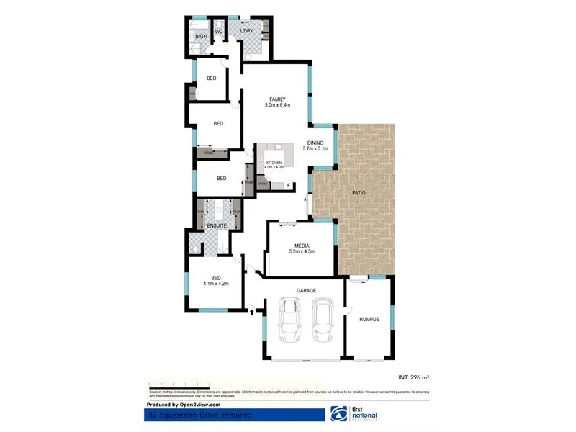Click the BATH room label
click(201, 36)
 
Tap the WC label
click(218, 31)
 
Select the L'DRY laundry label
click(246, 31)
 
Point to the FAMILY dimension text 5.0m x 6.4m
click(277, 105)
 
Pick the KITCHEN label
click(274, 163)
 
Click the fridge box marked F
click(289, 186)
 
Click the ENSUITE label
click(217, 226)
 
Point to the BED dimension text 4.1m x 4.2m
click(215, 284)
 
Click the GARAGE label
click(307, 290)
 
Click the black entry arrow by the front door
click(251, 311)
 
